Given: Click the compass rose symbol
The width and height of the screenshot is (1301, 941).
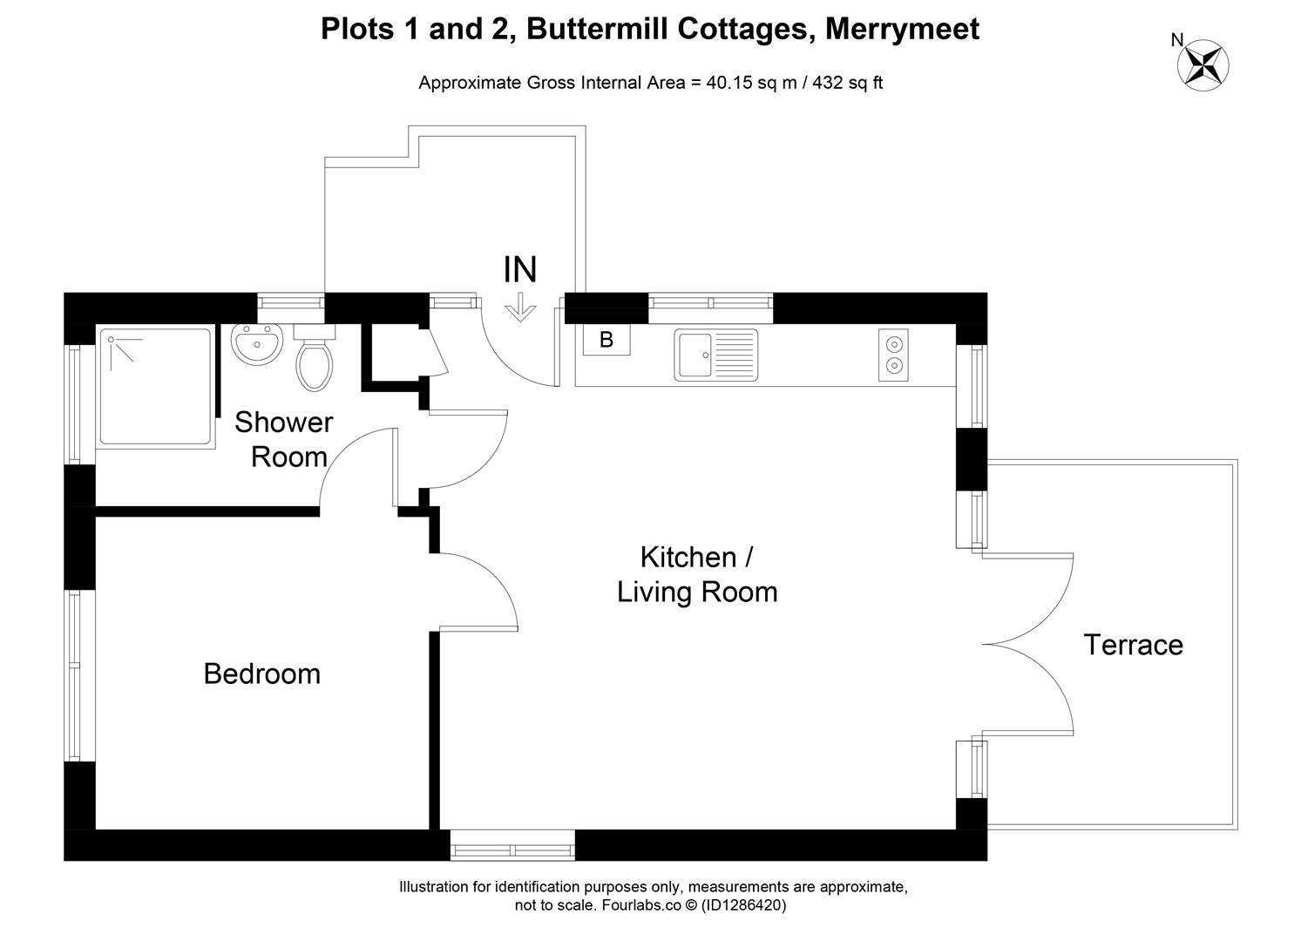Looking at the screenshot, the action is click(x=1203, y=65).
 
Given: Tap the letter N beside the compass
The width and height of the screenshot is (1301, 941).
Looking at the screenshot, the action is click(x=1176, y=40).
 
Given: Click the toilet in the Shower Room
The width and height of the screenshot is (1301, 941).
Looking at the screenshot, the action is click(x=315, y=358).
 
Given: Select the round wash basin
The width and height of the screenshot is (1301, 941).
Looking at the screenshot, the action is click(x=257, y=343).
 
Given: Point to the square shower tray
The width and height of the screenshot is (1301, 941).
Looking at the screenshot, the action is click(x=155, y=387).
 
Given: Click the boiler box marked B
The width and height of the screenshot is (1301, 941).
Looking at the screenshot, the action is click(x=606, y=340).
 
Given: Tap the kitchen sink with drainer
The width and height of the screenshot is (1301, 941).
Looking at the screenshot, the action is click(x=715, y=355).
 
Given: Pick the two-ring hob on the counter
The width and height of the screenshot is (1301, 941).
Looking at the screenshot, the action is click(x=893, y=355).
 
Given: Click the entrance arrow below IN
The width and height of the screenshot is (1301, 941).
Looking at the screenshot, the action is click(x=520, y=308).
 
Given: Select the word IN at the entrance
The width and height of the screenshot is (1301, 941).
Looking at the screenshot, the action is click(x=520, y=269).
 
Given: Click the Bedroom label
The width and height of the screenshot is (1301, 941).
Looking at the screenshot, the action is click(x=262, y=674).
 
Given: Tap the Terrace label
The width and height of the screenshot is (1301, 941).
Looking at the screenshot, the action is click(x=1133, y=645).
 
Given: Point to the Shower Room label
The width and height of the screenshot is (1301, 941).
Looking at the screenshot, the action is click(x=284, y=440).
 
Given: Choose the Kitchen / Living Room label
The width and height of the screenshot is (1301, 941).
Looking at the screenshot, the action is click(x=697, y=574).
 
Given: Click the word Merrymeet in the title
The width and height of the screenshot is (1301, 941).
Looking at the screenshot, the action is click(x=902, y=29).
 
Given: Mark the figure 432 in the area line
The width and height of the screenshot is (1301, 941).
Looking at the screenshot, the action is click(x=828, y=83).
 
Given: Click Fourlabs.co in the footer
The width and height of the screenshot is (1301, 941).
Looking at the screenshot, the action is click(x=641, y=905).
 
